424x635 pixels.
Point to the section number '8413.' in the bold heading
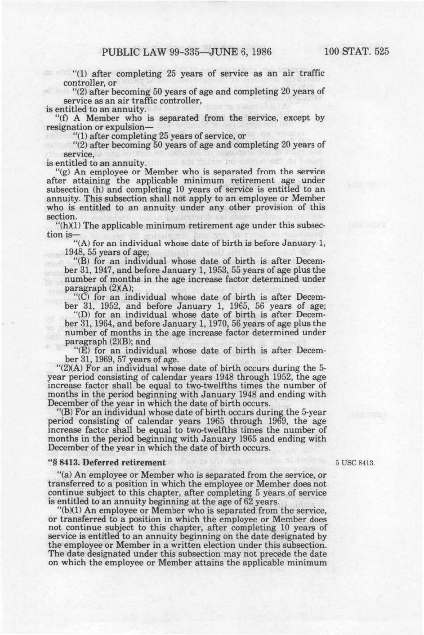68,463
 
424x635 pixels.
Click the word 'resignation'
67,127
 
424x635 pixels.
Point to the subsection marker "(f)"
63,118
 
